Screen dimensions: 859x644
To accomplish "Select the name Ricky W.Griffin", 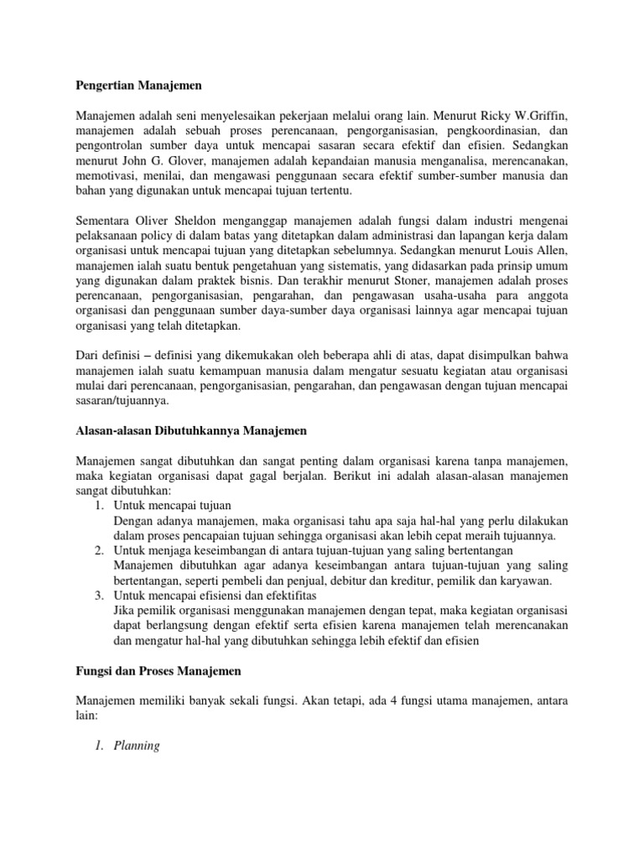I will (x=522, y=115).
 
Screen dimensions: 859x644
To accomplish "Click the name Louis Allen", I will (x=539, y=252).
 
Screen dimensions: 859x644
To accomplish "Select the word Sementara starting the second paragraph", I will (x=105, y=221).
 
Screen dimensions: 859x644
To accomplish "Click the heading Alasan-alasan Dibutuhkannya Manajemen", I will (x=191, y=431).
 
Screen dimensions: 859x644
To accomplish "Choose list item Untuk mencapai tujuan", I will (x=172, y=506).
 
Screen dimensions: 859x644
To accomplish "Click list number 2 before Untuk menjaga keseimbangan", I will (x=98, y=550).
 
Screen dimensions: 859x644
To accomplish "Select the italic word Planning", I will (x=136, y=745).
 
